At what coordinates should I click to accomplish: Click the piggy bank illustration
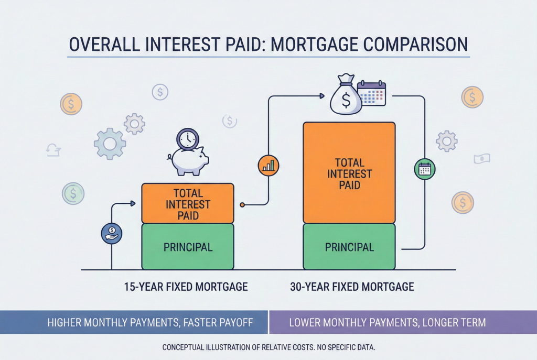[188, 160]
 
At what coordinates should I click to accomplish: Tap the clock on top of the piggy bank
[188, 139]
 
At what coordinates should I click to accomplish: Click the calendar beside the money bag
[372, 93]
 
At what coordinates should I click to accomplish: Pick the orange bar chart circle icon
[268, 166]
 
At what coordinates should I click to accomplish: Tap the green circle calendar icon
[425, 169]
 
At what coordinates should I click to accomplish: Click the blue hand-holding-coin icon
[112, 233]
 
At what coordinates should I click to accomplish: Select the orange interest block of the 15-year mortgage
[188, 204]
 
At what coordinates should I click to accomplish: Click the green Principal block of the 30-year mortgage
[349, 246]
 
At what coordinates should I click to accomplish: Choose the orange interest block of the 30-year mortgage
[349, 173]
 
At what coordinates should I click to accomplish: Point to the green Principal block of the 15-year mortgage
[188, 246]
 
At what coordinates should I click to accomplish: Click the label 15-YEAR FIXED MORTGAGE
[186, 287]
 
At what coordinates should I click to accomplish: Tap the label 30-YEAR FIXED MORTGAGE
[352, 287]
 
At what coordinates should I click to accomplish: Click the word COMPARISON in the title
[415, 45]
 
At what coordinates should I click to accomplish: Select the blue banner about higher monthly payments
[134, 322]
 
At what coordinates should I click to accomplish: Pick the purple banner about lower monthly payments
[403, 322]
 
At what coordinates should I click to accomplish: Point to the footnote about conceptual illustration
[269, 347]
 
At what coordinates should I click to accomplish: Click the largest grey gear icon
[110, 144]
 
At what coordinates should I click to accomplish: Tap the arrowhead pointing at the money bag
[322, 96]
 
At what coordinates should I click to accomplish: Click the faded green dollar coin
[73, 193]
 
